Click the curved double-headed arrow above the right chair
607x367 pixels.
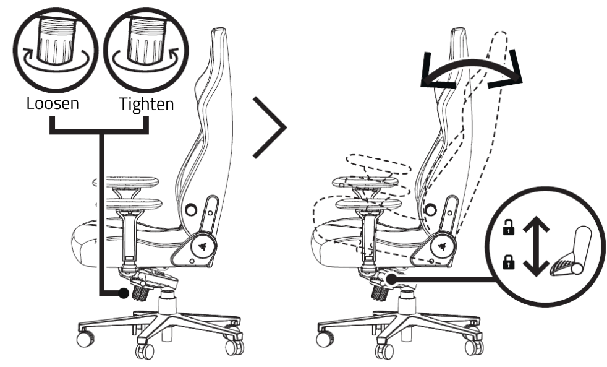(x=471, y=74)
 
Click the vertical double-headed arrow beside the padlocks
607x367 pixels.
(x=535, y=244)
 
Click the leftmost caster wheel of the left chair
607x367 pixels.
(x=83, y=339)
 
